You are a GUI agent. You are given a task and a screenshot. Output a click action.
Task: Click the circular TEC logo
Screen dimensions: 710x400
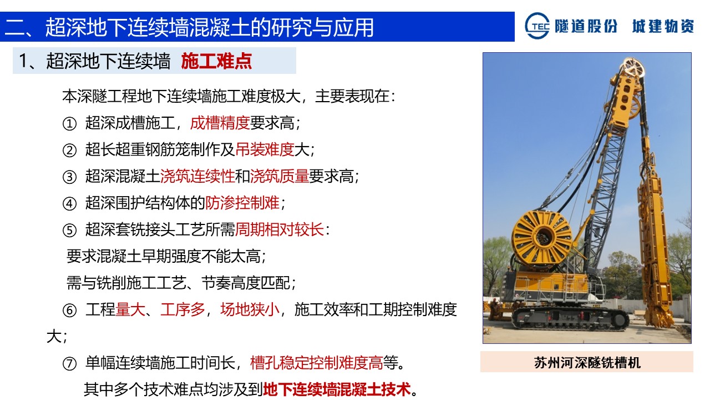click(x=537, y=26)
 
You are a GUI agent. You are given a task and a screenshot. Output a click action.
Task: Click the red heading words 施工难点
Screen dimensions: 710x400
click(x=216, y=61)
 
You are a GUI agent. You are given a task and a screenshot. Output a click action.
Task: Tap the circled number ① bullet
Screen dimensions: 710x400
click(x=69, y=123)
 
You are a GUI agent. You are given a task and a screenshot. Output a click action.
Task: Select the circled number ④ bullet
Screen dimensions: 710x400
click(x=69, y=203)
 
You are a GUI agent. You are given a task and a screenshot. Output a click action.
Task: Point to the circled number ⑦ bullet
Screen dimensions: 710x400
click(x=69, y=363)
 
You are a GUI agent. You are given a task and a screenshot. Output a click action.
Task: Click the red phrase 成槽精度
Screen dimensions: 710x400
click(x=220, y=123)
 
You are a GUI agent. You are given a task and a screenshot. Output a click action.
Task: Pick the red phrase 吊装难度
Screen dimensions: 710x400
click(x=265, y=149)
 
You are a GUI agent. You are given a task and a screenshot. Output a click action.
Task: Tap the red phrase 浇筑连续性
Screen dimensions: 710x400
click(x=197, y=176)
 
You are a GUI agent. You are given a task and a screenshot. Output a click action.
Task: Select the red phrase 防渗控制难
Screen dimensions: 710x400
click(x=242, y=203)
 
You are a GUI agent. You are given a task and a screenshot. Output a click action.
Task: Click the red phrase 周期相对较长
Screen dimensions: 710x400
click(x=280, y=229)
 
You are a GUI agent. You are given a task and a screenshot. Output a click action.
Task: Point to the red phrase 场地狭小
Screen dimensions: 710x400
click(x=250, y=309)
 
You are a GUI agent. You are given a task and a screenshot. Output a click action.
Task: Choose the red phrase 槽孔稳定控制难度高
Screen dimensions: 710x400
click(x=317, y=363)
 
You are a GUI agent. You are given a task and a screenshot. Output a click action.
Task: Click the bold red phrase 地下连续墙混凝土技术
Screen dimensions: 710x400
click(x=337, y=389)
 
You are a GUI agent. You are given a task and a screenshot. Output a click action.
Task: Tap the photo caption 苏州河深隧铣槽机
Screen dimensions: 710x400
click(x=587, y=363)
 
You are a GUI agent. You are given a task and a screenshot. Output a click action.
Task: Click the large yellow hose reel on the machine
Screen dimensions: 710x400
click(x=542, y=238)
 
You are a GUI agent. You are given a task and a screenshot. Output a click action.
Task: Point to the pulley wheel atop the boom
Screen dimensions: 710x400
click(x=633, y=68)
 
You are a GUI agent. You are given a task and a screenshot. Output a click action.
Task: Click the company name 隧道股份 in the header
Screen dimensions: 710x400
click(x=586, y=26)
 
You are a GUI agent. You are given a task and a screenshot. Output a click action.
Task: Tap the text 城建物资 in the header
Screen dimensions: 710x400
click(x=663, y=26)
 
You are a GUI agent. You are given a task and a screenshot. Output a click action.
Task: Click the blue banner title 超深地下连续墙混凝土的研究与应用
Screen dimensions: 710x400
click(x=210, y=27)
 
